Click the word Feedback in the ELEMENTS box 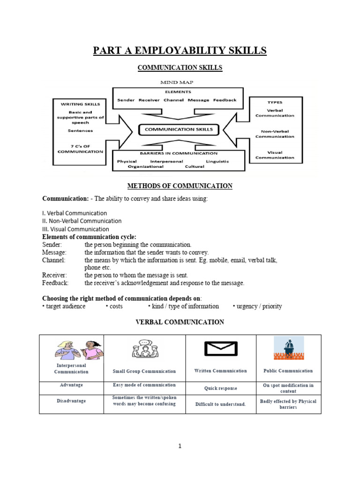(225, 100)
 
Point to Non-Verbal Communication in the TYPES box (275, 134)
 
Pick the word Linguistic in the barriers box (217, 161)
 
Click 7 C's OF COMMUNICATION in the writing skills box (80, 148)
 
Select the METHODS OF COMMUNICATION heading (180, 186)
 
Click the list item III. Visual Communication (75, 229)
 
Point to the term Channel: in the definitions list (54, 260)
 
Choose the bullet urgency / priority (257, 306)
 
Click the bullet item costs (114, 306)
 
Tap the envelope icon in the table (221, 349)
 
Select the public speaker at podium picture (288, 348)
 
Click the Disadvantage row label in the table (71, 401)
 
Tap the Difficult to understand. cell (221, 404)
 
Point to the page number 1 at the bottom (180, 446)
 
